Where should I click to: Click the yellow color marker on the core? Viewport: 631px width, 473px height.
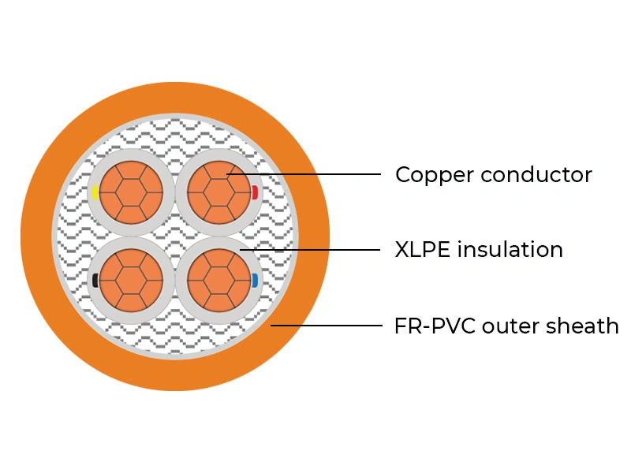95,192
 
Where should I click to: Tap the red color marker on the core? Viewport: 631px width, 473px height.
255,192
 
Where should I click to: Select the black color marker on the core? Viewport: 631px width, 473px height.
95,280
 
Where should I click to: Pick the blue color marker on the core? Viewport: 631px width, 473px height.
255,280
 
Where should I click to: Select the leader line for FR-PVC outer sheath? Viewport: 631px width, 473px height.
331,325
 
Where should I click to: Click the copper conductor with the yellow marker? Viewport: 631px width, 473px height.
131,192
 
